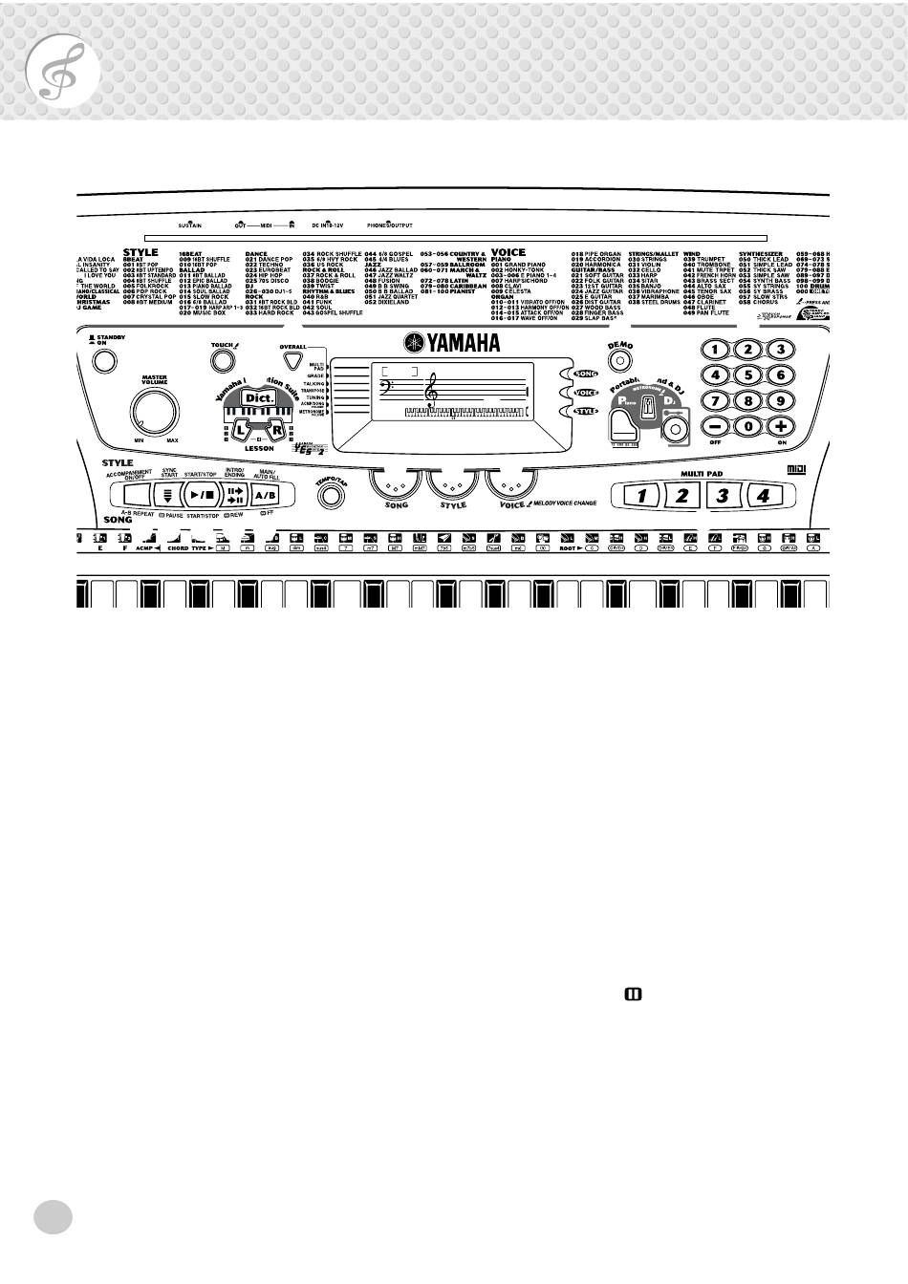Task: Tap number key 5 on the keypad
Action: pyautogui.click(x=747, y=375)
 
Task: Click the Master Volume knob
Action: pyautogui.click(x=155, y=411)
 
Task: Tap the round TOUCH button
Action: pyautogui.click(x=222, y=360)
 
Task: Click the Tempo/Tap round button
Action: pyautogui.click(x=329, y=496)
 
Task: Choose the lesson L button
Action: pyautogui.click(x=241, y=431)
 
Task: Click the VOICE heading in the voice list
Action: pyautogui.click(x=508, y=253)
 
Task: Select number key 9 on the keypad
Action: pyautogui.click(x=780, y=401)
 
